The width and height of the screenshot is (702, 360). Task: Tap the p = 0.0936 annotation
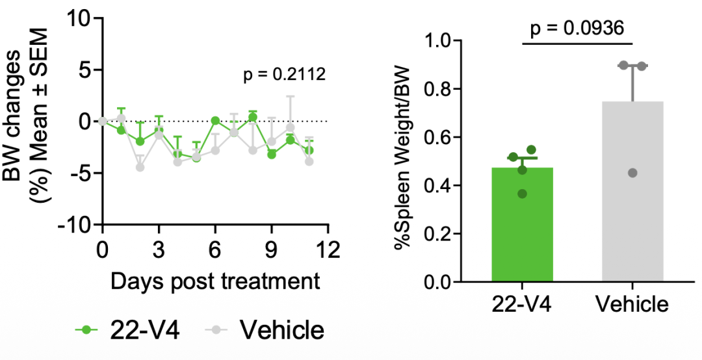tap(577, 28)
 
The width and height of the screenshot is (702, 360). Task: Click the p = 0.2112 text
tap(284, 75)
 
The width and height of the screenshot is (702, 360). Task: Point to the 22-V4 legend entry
tap(127, 330)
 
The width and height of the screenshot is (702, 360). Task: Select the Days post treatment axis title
tap(215, 281)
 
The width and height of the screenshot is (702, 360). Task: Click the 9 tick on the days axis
tap(272, 250)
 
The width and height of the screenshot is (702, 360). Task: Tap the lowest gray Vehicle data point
tap(633, 173)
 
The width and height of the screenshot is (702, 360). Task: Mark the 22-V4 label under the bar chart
tap(522, 304)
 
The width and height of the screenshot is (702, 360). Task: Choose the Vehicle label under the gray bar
tap(632, 304)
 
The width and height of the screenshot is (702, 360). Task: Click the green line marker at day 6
tap(215, 121)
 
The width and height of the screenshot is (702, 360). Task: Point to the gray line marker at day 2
tap(140, 167)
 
